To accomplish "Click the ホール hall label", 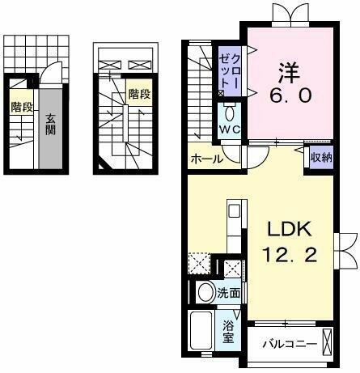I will pos(206,159).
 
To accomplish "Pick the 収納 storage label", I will pos(320,158).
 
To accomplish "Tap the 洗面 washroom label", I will pos(230,293).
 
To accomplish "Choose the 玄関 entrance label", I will pos(49,128).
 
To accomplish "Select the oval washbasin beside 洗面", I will pos(205,293).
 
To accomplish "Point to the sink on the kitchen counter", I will pos(233,212).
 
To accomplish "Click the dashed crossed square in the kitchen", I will pos(198,264).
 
